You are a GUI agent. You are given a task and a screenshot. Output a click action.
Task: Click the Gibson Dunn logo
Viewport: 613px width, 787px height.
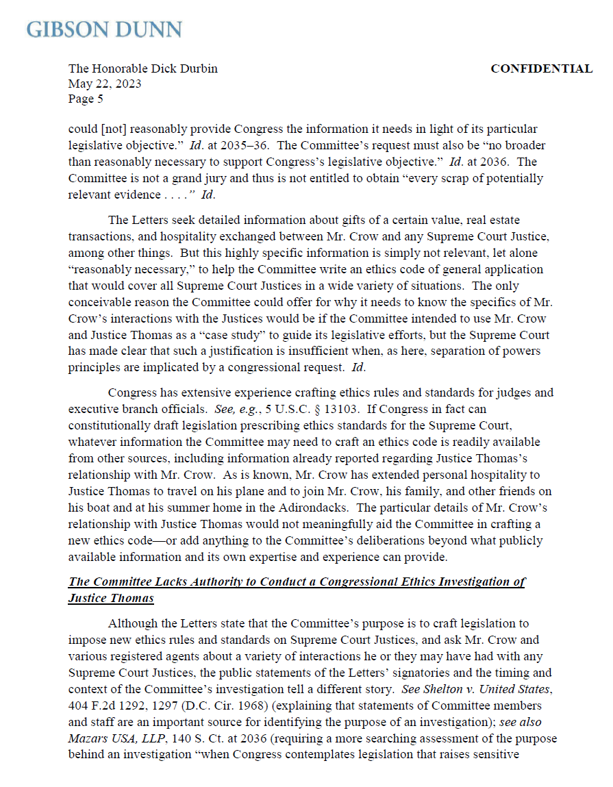(104, 29)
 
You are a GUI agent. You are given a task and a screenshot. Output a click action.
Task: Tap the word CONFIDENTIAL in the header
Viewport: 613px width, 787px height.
(541, 68)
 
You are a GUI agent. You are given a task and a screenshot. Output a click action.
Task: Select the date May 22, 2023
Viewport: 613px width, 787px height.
(105, 84)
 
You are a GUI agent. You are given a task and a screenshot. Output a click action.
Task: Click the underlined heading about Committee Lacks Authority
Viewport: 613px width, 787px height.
(297, 582)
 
